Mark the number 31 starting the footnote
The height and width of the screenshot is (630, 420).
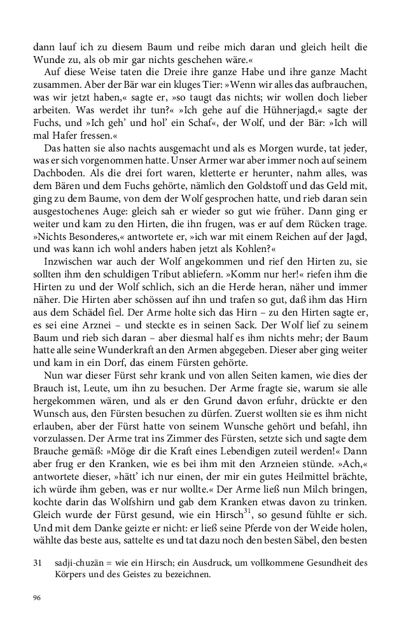point(37,563)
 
